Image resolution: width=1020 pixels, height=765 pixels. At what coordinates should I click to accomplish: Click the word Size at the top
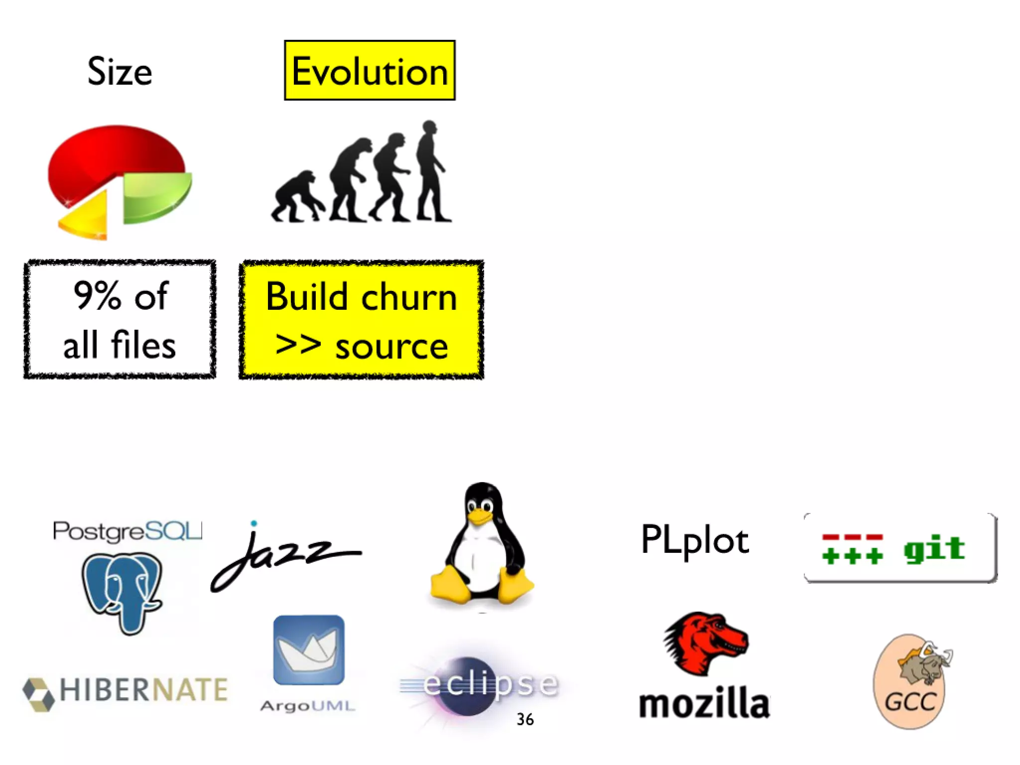pos(120,71)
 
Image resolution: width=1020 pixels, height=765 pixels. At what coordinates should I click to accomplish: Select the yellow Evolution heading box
pos(370,70)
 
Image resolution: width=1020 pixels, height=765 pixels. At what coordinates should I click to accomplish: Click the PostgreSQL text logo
pos(127,531)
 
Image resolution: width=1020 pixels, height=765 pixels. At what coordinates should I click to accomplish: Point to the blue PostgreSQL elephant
pos(122,590)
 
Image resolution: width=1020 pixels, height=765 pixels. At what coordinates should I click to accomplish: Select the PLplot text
pos(694,540)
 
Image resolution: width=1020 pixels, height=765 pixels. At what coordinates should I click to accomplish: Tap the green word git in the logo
pos(934,549)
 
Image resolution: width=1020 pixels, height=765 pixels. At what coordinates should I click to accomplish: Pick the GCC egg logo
pos(910,682)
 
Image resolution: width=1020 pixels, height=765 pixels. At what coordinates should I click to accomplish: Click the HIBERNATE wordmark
pos(143,690)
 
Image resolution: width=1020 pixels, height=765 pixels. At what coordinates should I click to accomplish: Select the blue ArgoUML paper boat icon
pos(309,650)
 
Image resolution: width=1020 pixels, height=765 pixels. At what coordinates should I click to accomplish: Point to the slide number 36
pos(525,719)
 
